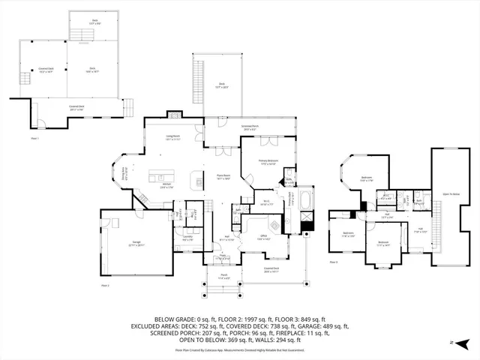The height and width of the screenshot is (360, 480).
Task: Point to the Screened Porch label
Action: pos(250,127)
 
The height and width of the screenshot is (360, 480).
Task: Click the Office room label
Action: pos(263,238)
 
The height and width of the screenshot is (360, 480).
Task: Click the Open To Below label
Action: pos(451,193)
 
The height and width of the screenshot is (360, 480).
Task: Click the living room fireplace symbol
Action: pos(174,114)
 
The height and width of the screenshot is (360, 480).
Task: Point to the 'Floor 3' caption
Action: pos(333,263)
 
